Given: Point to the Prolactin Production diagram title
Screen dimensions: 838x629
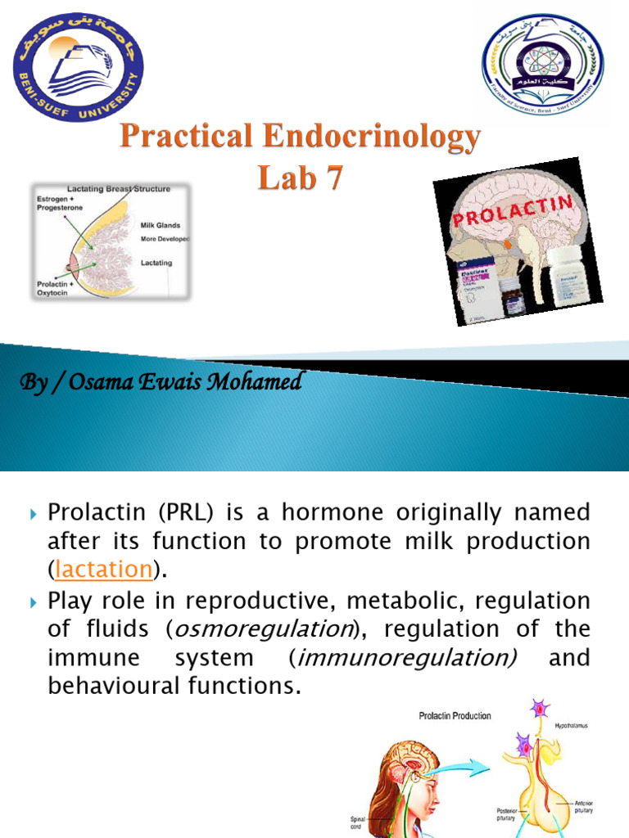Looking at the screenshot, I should [x=455, y=716].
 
